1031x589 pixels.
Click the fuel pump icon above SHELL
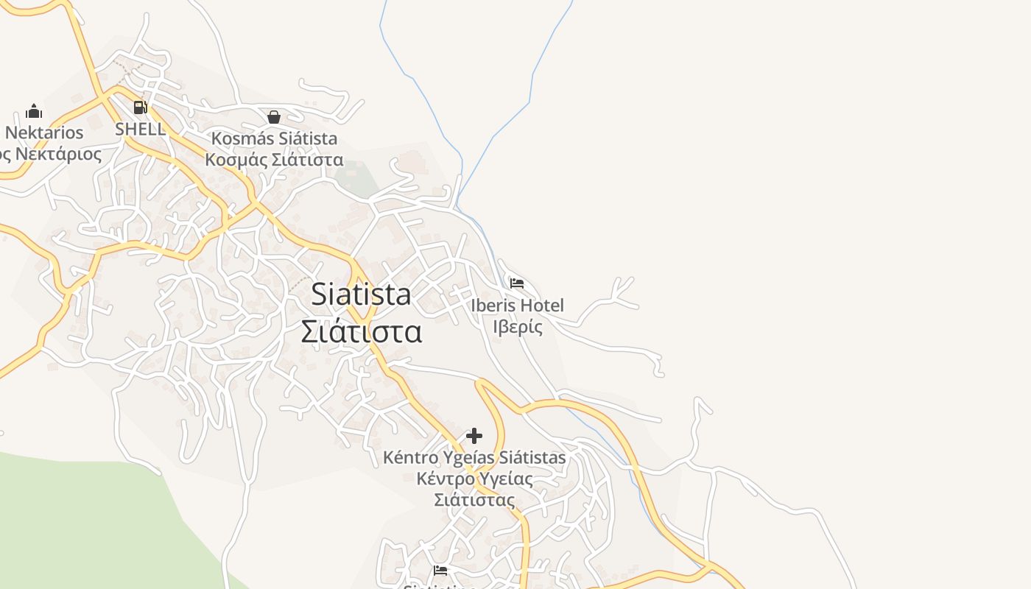[x=140, y=107]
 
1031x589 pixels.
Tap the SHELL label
[x=140, y=129]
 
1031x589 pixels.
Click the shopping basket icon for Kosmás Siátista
[x=274, y=117]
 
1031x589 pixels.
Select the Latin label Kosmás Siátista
[x=274, y=138]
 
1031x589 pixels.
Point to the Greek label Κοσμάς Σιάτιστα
[x=274, y=160]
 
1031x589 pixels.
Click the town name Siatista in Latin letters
[x=361, y=294]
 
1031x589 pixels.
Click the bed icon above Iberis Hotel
[x=517, y=283]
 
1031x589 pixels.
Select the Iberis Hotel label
[x=517, y=305]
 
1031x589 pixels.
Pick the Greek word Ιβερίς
[x=517, y=326]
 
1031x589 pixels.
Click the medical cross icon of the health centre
[x=474, y=436]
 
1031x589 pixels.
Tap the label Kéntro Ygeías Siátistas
[x=474, y=458]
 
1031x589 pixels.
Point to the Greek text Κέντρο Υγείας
[x=474, y=479]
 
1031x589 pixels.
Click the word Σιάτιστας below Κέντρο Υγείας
[x=474, y=500]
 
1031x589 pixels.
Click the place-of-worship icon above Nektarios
[x=34, y=112]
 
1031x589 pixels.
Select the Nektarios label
[x=44, y=133]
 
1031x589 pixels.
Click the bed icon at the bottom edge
[x=440, y=570]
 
